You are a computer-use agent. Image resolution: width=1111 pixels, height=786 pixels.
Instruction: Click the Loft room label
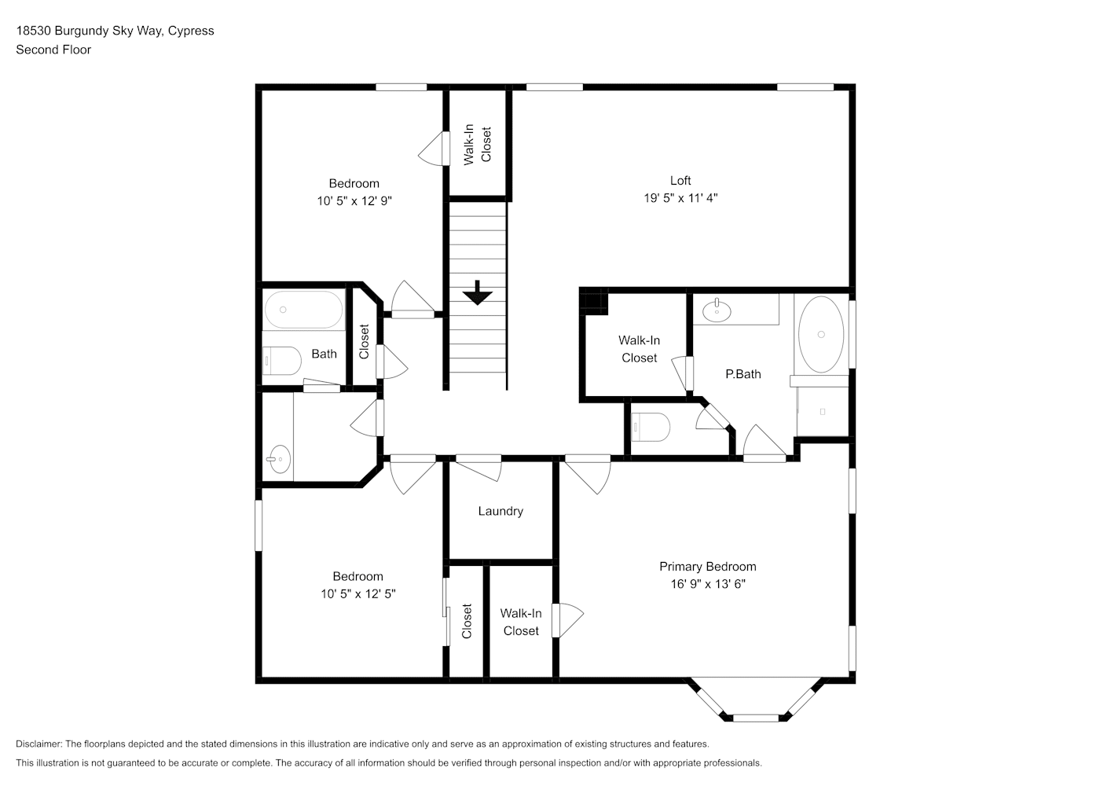[x=680, y=181]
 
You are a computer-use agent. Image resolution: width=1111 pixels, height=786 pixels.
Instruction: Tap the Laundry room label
[x=500, y=511]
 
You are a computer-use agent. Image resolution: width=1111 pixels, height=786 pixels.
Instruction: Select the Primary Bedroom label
[x=708, y=567]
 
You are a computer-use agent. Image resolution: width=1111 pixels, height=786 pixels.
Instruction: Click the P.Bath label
[x=743, y=374]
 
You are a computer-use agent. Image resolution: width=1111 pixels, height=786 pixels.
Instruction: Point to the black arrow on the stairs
[x=477, y=292]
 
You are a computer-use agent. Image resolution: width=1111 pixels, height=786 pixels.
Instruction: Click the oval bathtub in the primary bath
[x=821, y=335]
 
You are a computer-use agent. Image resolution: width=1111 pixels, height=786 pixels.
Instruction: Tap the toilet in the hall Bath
[x=282, y=361]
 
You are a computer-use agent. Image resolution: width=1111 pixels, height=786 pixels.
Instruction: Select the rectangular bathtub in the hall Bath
[x=303, y=310]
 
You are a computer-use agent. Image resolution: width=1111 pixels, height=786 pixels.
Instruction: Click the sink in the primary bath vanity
[x=717, y=311]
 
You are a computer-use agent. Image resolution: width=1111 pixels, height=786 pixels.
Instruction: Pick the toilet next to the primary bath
[x=651, y=427]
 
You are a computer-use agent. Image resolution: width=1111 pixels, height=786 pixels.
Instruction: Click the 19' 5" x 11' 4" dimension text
[x=680, y=198]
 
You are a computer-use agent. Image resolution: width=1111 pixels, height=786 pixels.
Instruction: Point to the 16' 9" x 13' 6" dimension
[x=708, y=584]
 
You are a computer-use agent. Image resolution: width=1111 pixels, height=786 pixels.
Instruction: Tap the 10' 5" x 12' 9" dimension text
[x=354, y=201]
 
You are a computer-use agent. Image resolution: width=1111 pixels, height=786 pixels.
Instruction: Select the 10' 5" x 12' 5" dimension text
[x=357, y=594]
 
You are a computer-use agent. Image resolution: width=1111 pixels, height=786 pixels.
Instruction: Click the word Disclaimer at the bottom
[x=38, y=744]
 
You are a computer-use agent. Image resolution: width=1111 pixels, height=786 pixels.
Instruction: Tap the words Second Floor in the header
[x=53, y=50]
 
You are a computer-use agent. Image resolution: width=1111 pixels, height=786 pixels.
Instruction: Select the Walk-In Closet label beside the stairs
[x=477, y=144]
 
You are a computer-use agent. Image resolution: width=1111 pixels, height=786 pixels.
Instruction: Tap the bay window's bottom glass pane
[x=755, y=718]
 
